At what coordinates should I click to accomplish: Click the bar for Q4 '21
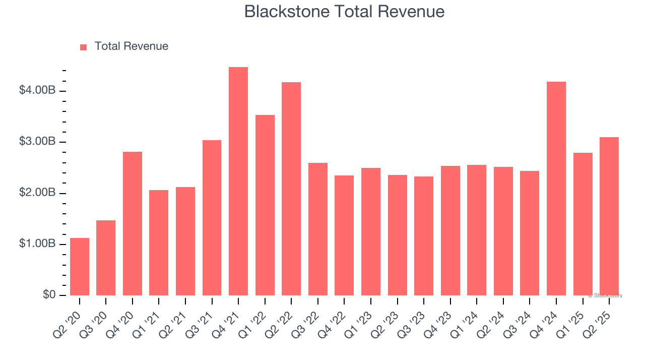238,181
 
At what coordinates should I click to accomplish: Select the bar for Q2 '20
80,267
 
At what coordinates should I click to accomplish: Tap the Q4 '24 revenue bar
556,189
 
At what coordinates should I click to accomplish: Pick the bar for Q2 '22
291,189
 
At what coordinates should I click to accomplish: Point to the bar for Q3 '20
106,258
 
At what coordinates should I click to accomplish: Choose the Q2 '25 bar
609,216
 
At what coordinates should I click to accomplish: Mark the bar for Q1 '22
265,205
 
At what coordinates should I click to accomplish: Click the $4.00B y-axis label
37,91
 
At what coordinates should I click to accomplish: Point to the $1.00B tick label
37,244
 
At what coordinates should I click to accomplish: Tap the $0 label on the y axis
49,295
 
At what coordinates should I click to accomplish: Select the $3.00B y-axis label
37,142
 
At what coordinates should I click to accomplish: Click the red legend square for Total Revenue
84,47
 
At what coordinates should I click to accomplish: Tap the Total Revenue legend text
131,46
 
